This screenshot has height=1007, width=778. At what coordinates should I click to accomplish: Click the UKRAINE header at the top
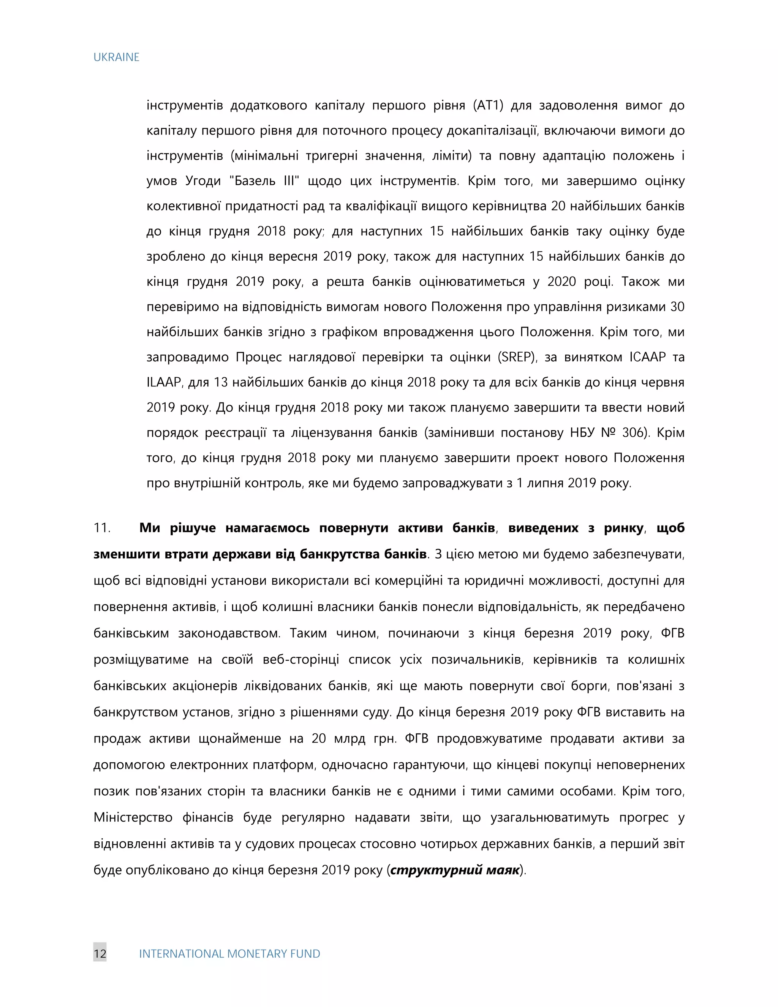[116, 57]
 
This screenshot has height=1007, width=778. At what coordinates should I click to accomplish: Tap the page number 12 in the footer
[100, 953]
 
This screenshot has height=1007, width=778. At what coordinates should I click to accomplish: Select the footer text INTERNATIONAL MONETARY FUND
[229, 953]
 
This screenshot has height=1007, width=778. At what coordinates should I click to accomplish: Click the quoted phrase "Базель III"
[264, 181]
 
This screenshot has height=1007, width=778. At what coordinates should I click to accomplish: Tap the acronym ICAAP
[648, 357]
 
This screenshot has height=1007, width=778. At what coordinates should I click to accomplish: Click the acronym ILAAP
[164, 382]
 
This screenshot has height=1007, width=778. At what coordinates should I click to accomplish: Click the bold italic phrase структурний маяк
[455, 870]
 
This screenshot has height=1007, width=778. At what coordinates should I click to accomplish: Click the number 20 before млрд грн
[318, 739]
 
